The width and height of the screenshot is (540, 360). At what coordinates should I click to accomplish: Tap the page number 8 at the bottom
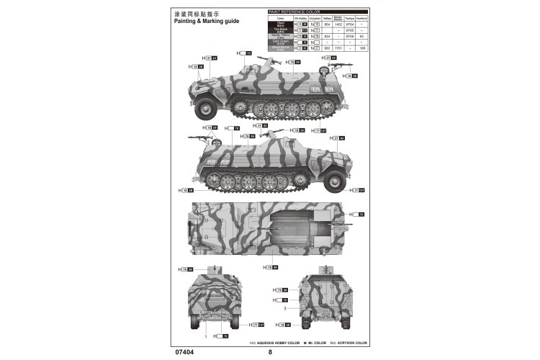[270, 352]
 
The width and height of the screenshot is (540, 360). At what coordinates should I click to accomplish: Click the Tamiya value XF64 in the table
[351, 24]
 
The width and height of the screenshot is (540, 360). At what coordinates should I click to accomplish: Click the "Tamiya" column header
[351, 19]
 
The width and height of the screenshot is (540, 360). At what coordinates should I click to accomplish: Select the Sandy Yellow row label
[281, 35]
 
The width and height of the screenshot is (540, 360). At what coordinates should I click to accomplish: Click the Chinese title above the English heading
[197, 13]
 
